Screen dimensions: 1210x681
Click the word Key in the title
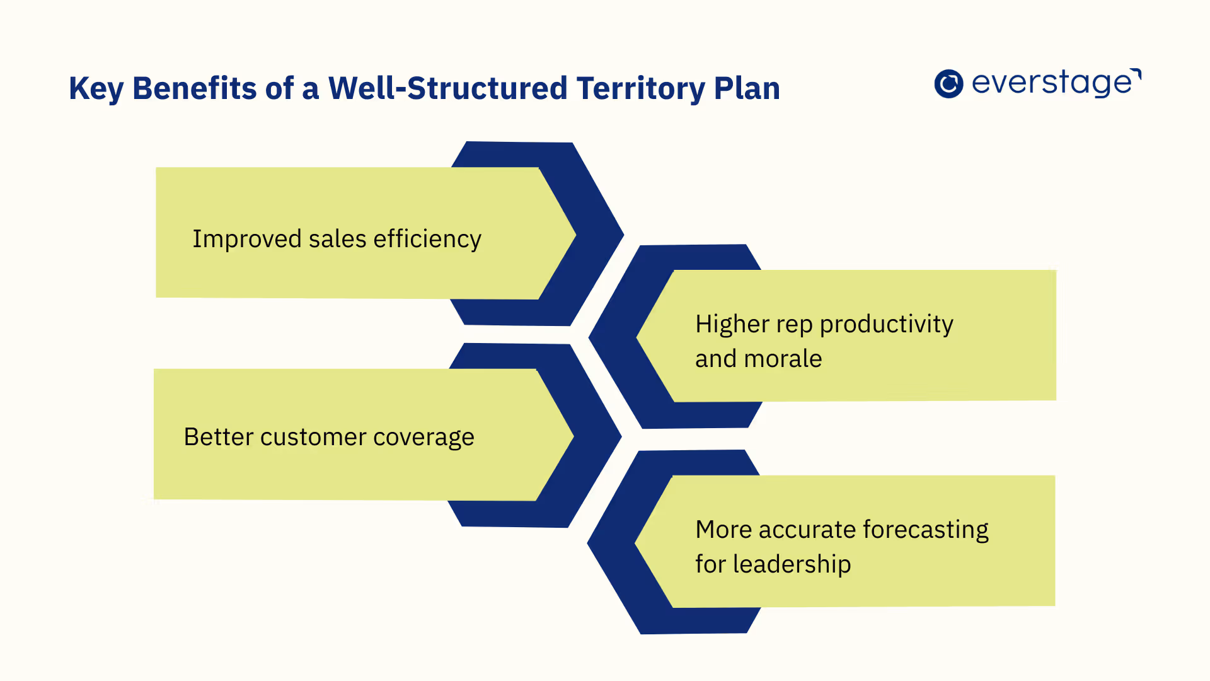[x=96, y=89]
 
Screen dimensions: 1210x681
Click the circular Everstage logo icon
[x=948, y=84]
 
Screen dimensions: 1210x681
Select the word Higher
[x=732, y=324]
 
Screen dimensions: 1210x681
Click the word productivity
[x=886, y=325]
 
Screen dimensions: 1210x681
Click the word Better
[x=218, y=437]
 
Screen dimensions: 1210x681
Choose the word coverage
[x=423, y=438]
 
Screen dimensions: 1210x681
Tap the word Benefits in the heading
[x=195, y=88]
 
